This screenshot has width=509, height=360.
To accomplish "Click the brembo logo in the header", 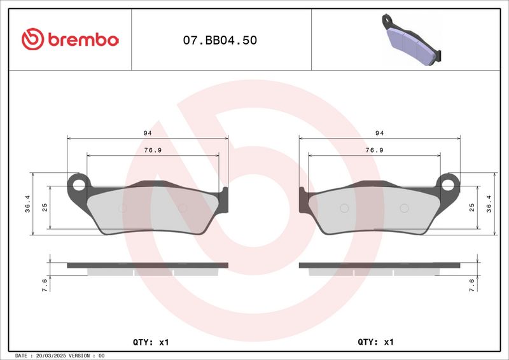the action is (x=70, y=39).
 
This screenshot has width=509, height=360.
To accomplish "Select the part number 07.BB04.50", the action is (x=220, y=40).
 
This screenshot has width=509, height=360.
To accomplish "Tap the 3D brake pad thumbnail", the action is (x=412, y=39).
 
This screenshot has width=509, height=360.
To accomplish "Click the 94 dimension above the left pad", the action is (x=148, y=133).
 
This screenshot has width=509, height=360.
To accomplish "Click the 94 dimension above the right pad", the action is (x=379, y=133).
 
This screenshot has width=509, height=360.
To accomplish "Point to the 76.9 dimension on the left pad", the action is (x=153, y=150).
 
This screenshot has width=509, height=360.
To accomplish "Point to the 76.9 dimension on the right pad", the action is (x=375, y=150).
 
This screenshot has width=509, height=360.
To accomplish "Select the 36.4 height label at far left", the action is (x=27, y=204).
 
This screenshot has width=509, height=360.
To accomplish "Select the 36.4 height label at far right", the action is (x=489, y=204).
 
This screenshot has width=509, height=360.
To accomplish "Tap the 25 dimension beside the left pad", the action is (x=45, y=207).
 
